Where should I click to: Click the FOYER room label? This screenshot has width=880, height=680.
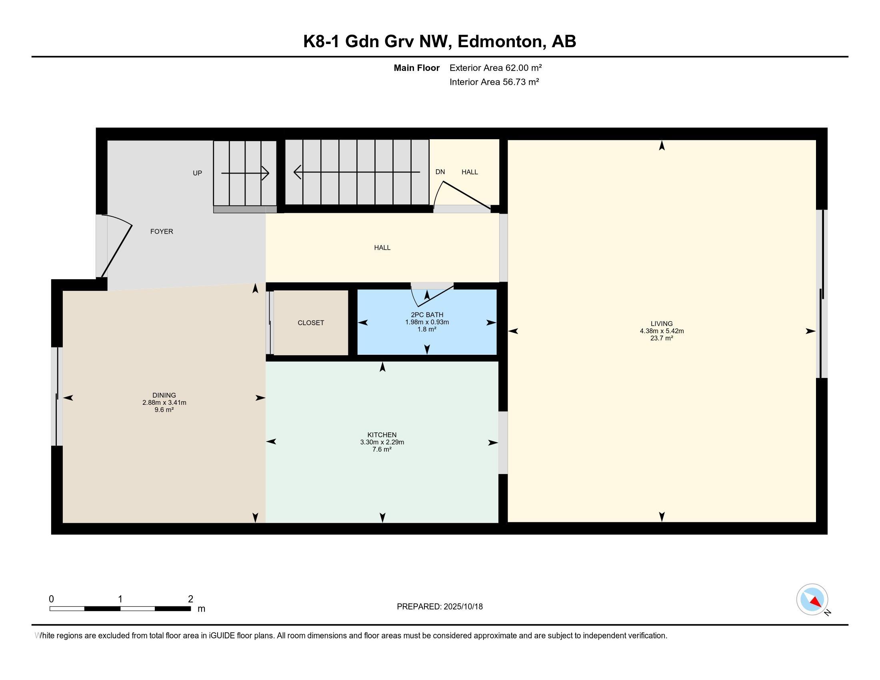pyautogui.click(x=162, y=232)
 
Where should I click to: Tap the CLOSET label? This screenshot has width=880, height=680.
pyautogui.click(x=311, y=323)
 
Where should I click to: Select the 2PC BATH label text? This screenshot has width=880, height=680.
pyautogui.click(x=427, y=315)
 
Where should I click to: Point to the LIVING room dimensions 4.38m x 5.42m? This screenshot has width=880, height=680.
pyautogui.click(x=662, y=331)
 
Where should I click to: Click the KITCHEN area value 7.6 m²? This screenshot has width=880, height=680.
pyautogui.click(x=382, y=449)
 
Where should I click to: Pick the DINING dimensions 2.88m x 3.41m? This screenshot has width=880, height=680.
pyautogui.click(x=164, y=402)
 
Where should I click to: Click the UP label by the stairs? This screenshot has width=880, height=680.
pyautogui.click(x=198, y=173)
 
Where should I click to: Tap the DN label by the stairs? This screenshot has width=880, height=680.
pyautogui.click(x=440, y=172)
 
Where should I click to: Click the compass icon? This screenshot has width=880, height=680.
pyautogui.click(x=812, y=600)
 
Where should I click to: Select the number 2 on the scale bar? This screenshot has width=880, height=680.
pyautogui.click(x=190, y=599)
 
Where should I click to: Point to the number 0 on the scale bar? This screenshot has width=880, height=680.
pyautogui.click(x=51, y=599)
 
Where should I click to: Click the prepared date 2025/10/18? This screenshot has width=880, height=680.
pyautogui.click(x=463, y=607)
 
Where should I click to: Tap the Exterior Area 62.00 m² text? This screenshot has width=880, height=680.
pyautogui.click(x=496, y=68)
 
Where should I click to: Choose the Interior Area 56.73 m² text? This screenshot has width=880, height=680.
pyautogui.click(x=494, y=82)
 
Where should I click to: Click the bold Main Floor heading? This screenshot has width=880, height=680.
pyautogui.click(x=417, y=68)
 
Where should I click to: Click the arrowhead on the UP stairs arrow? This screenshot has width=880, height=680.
pyautogui.click(x=266, y=173)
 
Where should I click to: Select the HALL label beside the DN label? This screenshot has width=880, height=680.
pyautogui.click(x=470, y=172)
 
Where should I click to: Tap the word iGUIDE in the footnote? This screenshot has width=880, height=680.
pyautogui.click(x=222, y=636)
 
